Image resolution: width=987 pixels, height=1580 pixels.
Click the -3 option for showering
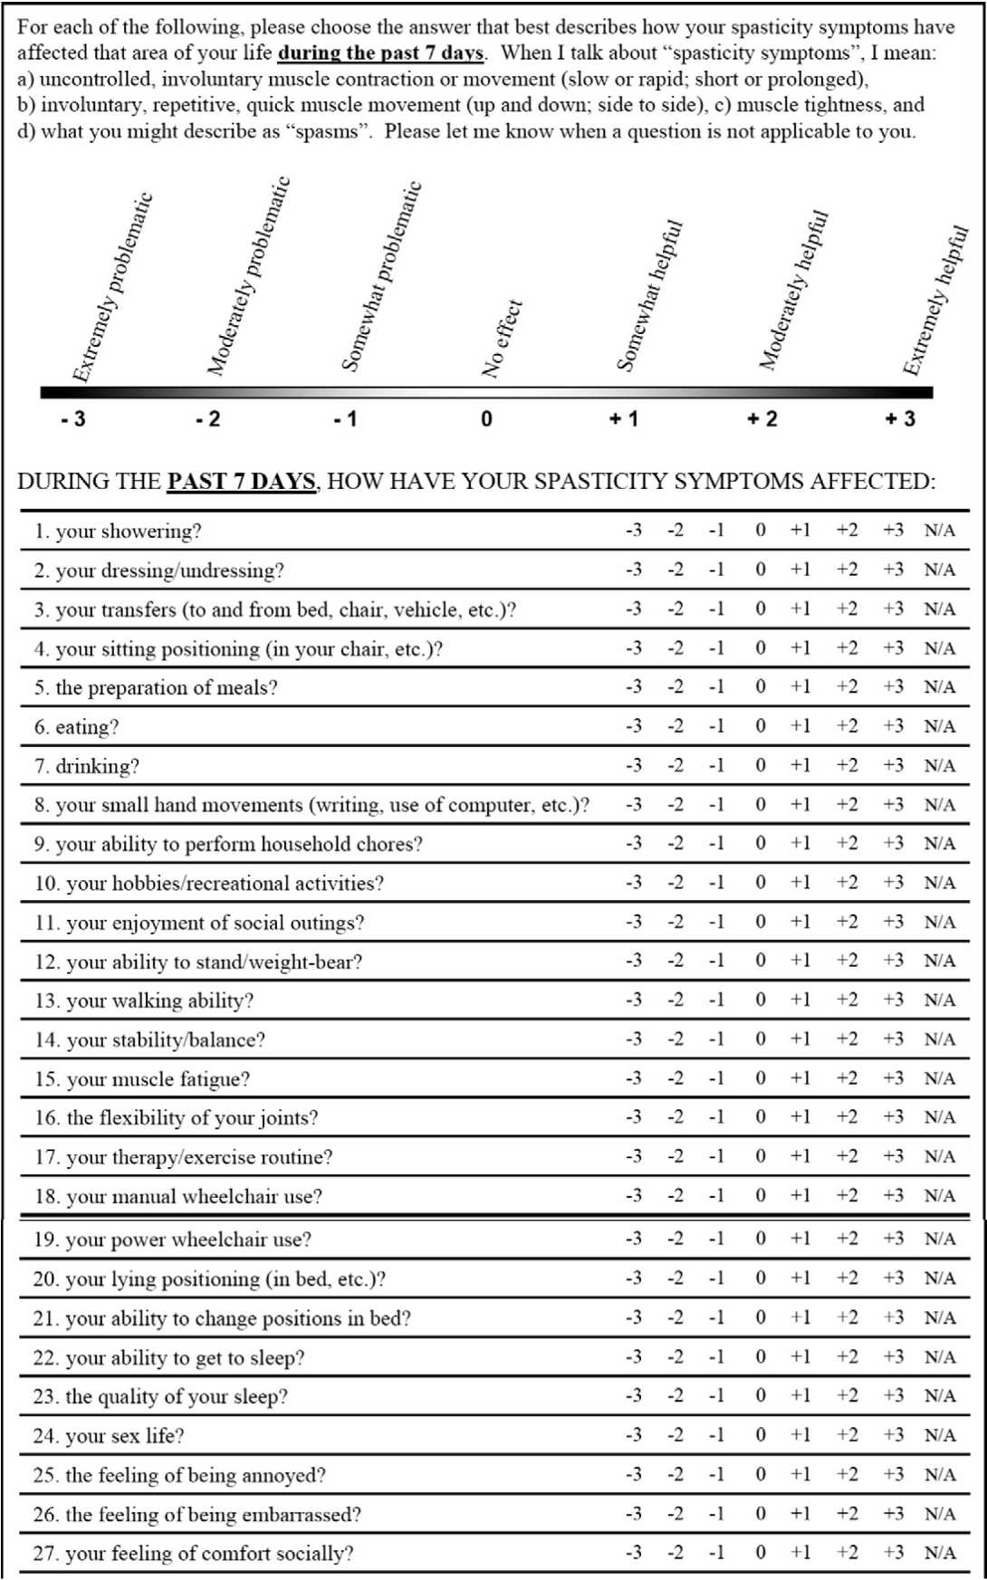click(x=634, y=531)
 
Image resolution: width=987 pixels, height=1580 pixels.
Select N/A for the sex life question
click(x=939, y=1435)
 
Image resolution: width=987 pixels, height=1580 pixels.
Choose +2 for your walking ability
click(x=847, y=1000)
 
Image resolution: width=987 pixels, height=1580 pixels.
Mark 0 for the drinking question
click(x=761, y=765)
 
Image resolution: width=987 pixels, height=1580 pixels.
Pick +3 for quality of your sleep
click(x=893, y=1396)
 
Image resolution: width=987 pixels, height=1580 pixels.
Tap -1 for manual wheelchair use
click(x=716, y=1196)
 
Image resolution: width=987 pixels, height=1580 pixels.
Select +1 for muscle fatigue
click(x=800, y=1078)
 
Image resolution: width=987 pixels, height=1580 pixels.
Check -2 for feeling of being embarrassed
click(x=676, y=1514)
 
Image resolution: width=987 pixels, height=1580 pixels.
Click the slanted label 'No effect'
click(x=502, y=338)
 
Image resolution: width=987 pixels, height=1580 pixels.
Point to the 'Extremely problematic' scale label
click(x=112, y=288)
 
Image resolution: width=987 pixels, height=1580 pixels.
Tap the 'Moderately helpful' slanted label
click(x=794, y=290)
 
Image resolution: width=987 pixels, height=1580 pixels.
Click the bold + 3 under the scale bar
click(x=900, y=419)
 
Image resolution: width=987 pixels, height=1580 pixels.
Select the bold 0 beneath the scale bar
click(x=486, y=419)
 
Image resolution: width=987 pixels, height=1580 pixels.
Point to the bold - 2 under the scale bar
click(x=207, y=419)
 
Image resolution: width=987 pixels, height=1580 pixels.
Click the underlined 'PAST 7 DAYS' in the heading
click(x=241, y=481)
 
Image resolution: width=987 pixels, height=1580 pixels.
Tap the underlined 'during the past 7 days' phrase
click(x=380, y=53)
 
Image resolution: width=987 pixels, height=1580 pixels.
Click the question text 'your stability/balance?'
click(x=166, y=1039)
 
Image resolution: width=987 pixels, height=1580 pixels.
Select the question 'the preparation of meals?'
click(x=167, y=688)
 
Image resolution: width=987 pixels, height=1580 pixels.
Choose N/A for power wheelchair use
click(x=939, y=1239)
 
